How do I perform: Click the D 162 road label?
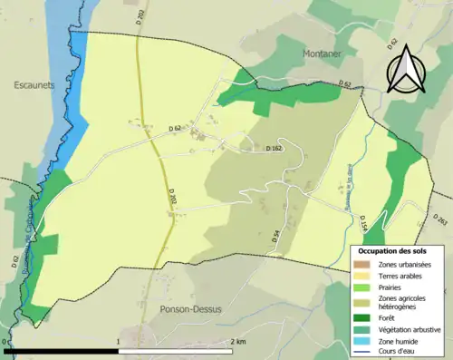tap(275, 148)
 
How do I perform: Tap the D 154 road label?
tap(361, 221)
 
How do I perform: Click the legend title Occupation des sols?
tap(396, 251)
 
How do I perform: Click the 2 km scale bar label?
tap(238, 342)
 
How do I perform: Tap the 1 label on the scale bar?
tap(119, 342)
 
